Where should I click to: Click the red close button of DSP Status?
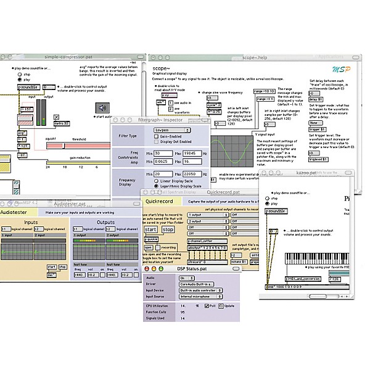click(x=147, y=268)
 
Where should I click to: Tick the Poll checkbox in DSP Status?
click(x=205, y=305)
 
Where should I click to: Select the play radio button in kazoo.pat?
click(x=268, y=203)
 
